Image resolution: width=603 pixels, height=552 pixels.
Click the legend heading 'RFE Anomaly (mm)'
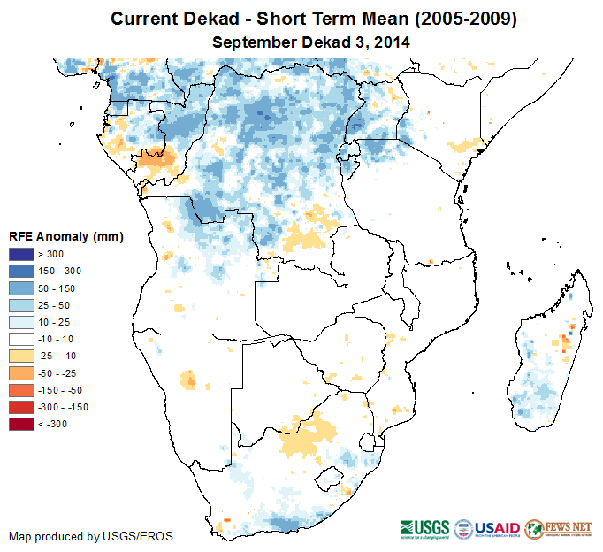coord(65,236)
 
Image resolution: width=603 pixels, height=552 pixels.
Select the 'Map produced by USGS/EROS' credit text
coord(91,536)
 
